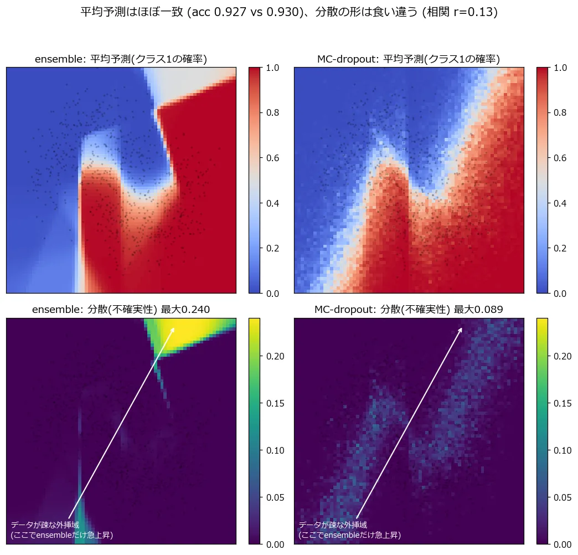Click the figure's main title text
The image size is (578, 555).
[289, 12]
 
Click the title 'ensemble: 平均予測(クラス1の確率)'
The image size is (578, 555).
[121, 59]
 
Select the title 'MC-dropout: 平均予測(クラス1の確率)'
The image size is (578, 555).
[409, 59]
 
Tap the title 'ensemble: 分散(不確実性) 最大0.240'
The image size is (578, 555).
[121, 310]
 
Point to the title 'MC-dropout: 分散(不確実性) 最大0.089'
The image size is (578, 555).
[409, 310]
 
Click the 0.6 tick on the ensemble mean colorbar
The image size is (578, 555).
[272, 158]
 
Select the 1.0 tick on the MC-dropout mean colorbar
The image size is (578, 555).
[560, 68]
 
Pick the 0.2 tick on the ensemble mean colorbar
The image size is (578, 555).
[272, 248]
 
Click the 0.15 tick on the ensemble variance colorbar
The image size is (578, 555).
[275, 403]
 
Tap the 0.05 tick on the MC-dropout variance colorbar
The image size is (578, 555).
[563, 497]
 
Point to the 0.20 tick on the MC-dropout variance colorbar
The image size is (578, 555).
[563, 356]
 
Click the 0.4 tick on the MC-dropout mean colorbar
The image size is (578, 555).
[560, 203]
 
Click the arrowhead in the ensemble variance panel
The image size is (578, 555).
[173, 330]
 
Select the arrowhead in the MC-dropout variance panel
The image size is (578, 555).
[460, 330]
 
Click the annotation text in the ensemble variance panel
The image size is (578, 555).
[62, 530]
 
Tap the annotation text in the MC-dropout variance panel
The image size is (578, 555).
[349, 530]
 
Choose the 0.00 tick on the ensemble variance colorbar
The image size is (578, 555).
[275, 544]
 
